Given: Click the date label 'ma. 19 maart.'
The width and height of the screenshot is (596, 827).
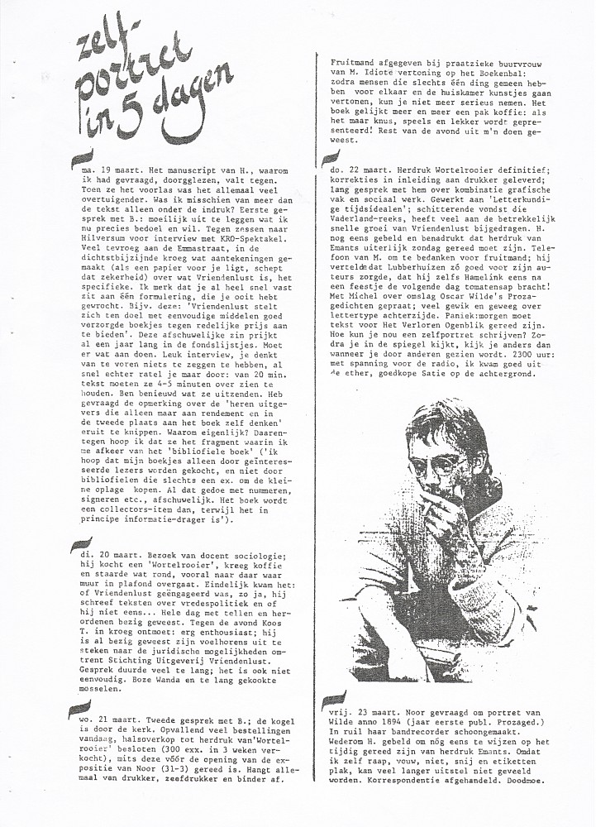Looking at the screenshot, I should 84,167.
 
